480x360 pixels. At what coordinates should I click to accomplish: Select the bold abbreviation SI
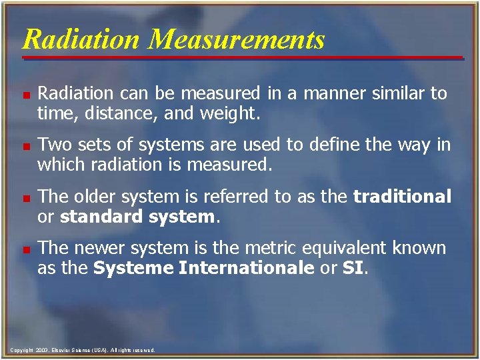tap(353, 269)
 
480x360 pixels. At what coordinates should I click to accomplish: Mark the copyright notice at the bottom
tap(83, 350)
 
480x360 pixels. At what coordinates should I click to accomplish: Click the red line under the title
tap(240, 58)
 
